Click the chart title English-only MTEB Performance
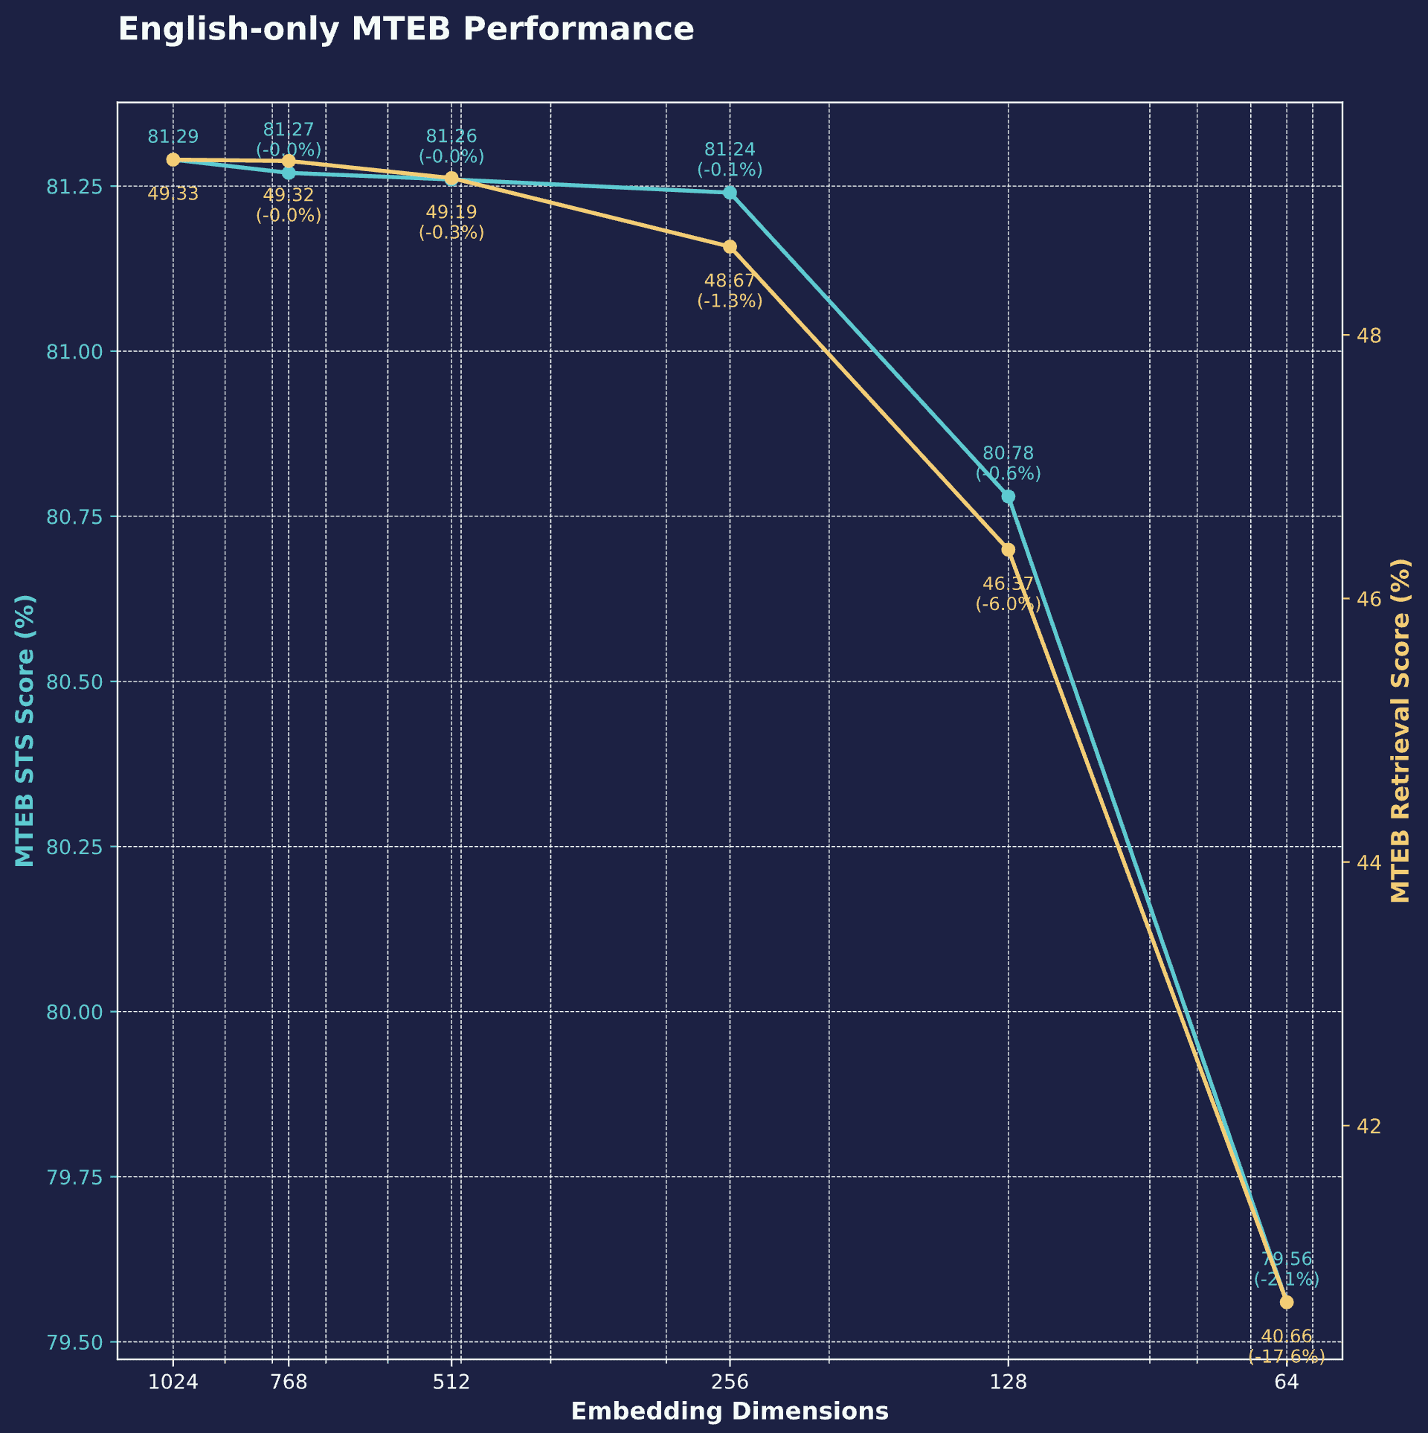[406, 31]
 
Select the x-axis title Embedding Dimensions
[730, 1411]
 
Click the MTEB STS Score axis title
[25, 731]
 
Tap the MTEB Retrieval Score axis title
[1400, 731]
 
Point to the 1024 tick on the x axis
[173, 1382]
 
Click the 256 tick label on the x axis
[730, 1382]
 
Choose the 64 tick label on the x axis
[1286, 1382]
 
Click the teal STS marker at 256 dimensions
[730, 193]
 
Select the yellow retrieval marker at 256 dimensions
[730, 247]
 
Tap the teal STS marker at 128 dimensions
[1008, 496]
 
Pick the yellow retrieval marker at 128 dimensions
[1008, 550]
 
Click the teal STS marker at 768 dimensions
[289, 173]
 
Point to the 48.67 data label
[730, 281]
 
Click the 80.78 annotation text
[1008, 453]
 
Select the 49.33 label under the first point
[173, 194]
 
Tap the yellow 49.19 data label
[451, 213]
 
